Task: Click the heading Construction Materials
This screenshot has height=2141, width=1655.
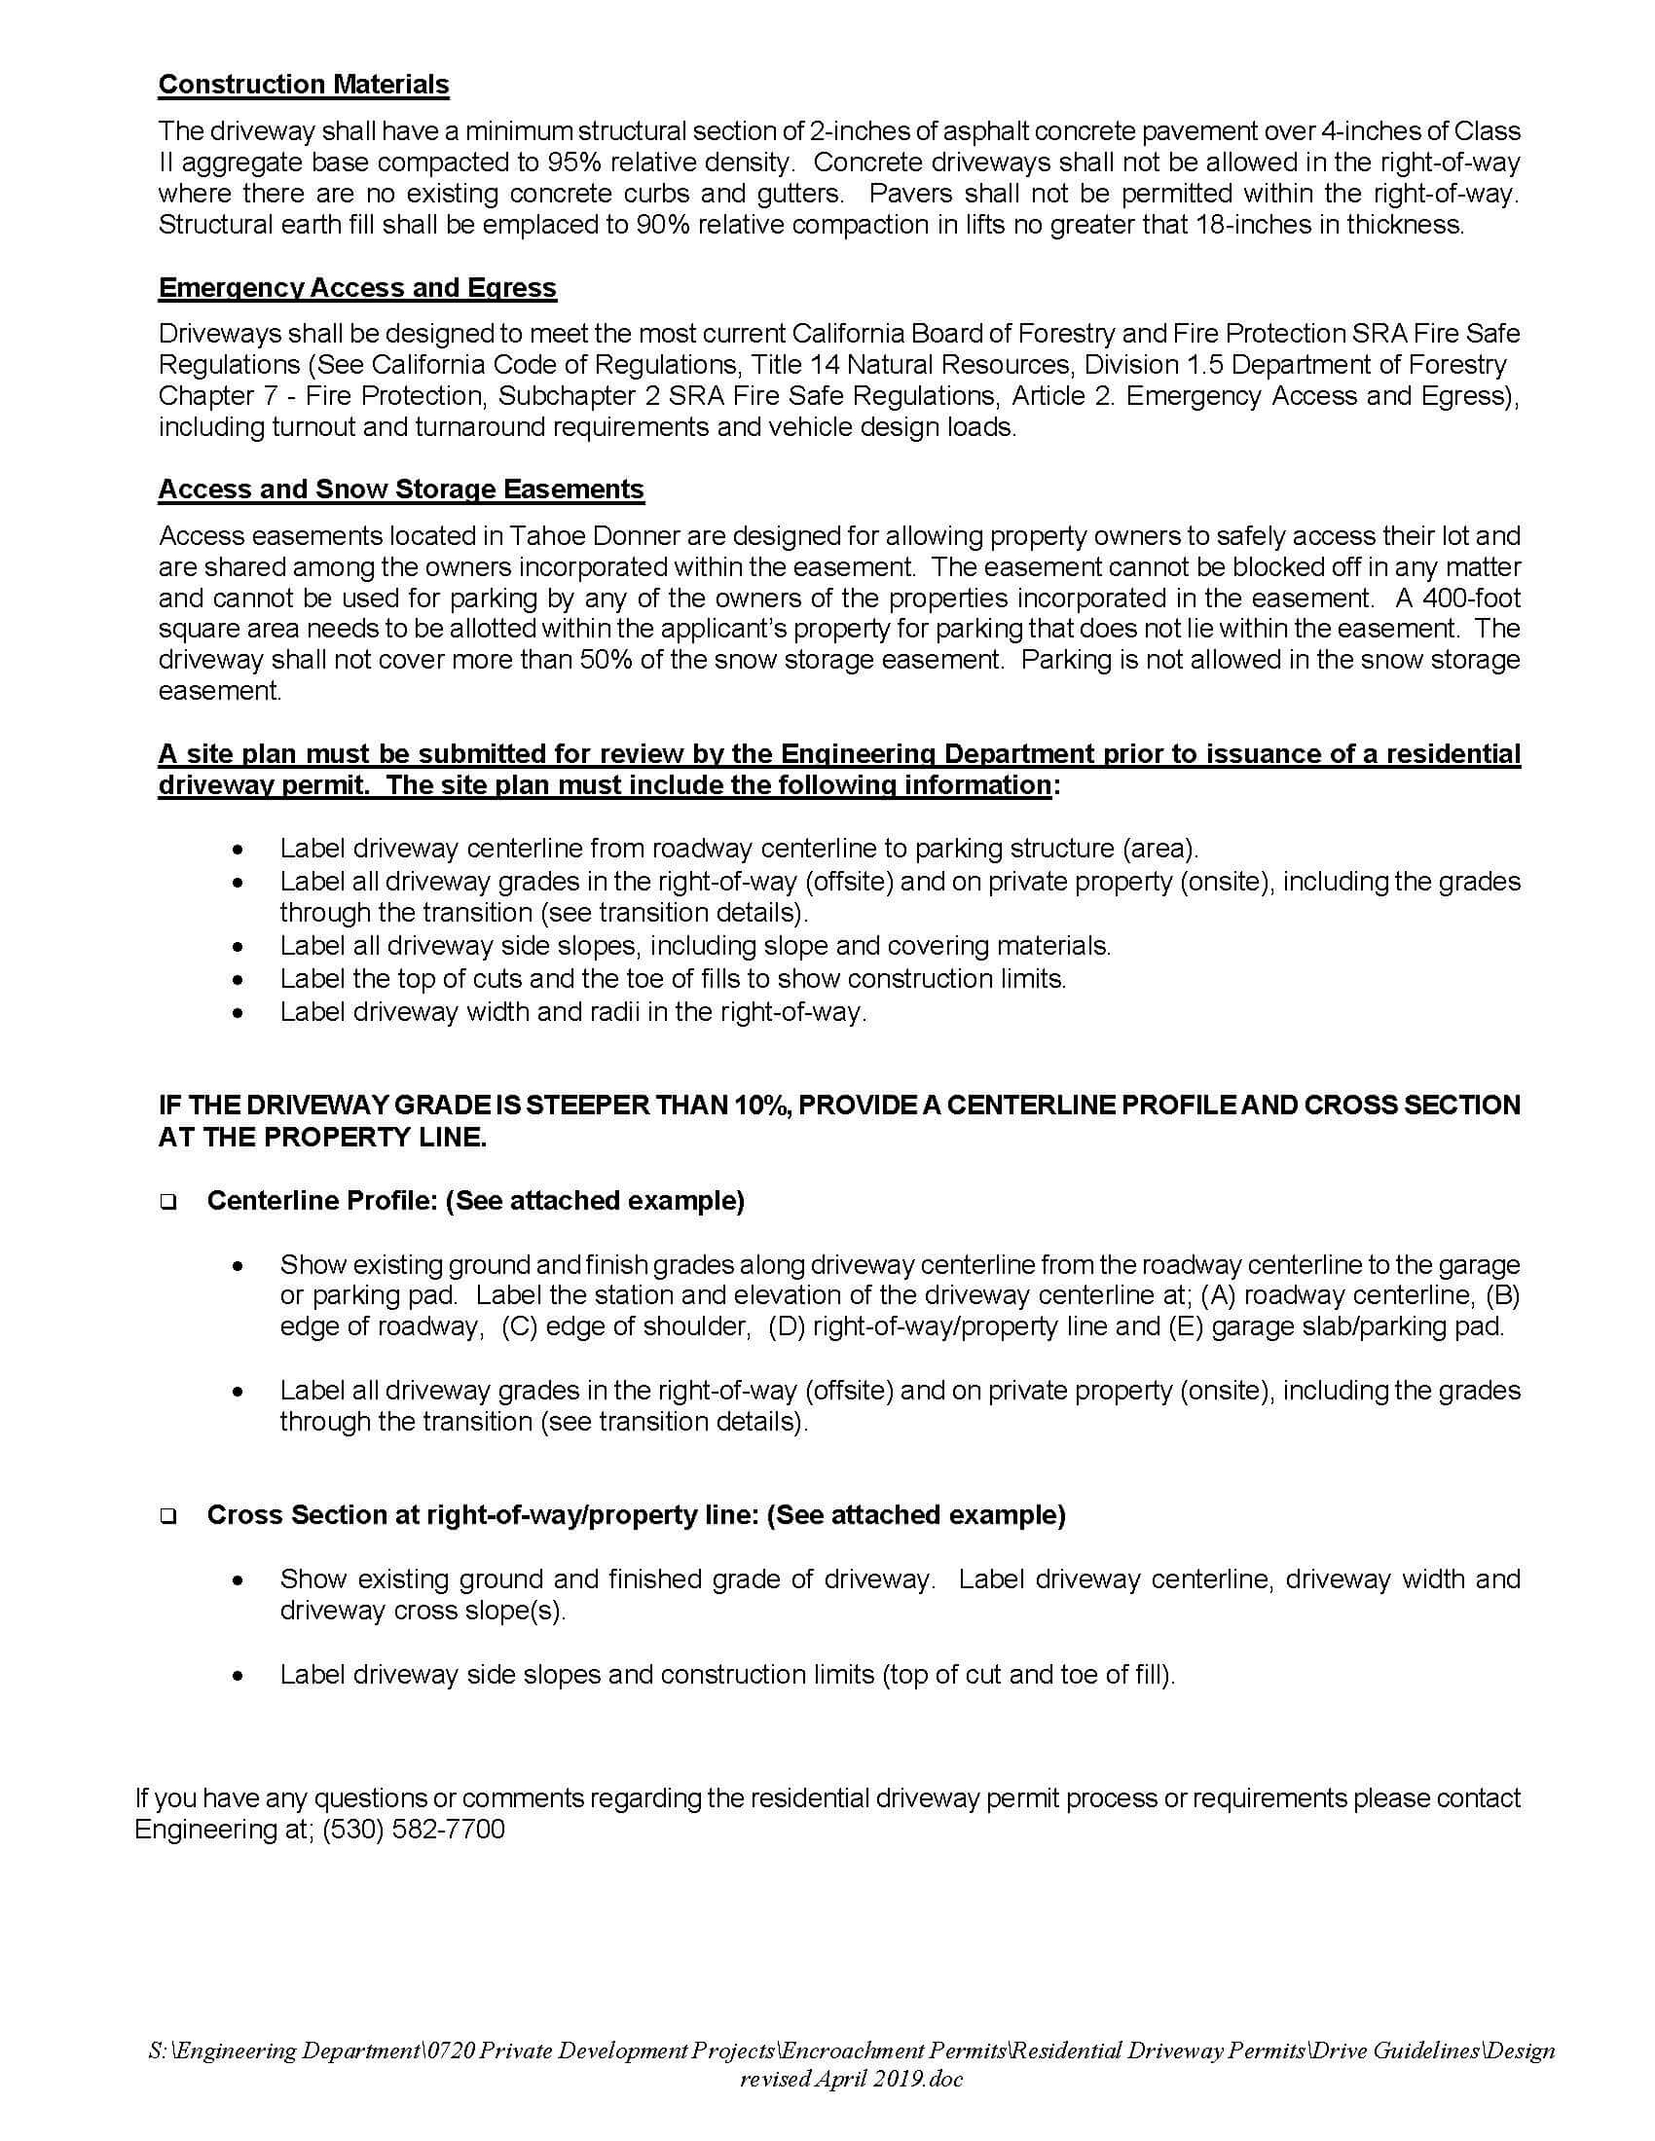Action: [x=304, y=86]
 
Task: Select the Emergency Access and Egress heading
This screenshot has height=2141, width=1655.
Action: [x=357, y=288]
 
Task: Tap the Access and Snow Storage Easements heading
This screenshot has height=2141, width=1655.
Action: [x=401, y=490]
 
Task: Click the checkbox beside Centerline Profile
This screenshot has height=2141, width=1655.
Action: [x=167, y=1203]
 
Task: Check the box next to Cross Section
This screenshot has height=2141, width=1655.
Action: [x=167, y=1516]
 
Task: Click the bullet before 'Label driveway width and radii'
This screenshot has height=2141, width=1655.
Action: [x=237, y=1013]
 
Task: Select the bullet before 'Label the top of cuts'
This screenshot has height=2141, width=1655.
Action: [x=237, y=979]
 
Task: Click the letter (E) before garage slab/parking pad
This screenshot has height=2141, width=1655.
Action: [x=1187, y=1327]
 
